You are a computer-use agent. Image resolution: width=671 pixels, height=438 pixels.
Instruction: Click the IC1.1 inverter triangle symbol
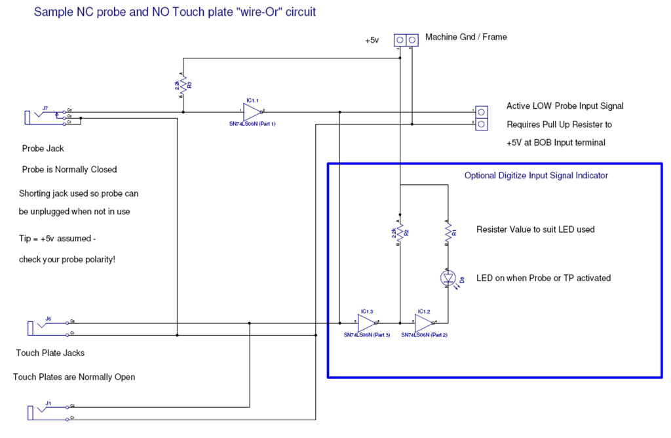251,112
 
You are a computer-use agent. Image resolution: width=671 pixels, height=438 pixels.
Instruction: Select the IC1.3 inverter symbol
368,323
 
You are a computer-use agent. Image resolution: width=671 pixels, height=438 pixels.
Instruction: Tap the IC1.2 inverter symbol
424,323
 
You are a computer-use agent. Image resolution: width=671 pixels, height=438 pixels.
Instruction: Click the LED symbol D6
448,278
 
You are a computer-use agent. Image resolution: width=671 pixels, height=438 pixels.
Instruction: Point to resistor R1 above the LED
448,232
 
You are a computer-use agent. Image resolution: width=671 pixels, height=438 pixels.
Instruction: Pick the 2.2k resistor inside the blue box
400,232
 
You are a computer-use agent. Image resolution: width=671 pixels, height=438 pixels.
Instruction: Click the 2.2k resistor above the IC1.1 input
183,85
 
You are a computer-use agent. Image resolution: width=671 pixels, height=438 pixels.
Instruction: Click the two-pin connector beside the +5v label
406,40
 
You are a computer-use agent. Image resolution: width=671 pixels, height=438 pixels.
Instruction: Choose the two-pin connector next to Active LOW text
481,117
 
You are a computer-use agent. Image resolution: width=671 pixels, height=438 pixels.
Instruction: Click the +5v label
372,40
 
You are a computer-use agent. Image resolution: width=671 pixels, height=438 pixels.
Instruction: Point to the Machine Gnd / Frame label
466,37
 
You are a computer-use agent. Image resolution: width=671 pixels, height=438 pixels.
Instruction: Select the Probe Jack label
43,148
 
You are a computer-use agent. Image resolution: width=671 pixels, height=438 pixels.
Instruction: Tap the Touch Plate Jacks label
50,353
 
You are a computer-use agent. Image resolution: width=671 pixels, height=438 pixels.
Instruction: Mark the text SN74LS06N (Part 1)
248,124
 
